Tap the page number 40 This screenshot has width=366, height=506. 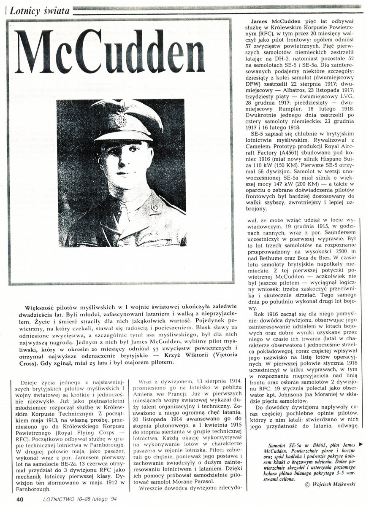(x=19, y=499)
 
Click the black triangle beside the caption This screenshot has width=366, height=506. (x=360, y=444)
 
